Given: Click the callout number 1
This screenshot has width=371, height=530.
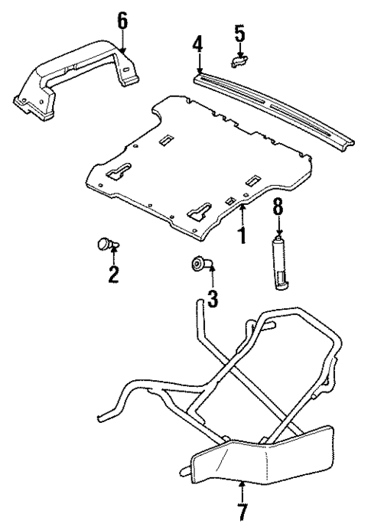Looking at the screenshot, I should point(242,234).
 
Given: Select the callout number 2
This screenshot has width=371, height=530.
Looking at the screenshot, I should point(113,274).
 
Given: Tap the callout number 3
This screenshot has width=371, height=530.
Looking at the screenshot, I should point(213,298).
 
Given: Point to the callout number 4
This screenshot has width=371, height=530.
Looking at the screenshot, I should point(197,44).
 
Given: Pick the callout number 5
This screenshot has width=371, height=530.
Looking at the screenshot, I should point(239,32).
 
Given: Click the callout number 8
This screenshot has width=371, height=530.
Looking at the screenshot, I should point(279,206).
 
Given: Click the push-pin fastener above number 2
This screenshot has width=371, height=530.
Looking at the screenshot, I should point(105,245).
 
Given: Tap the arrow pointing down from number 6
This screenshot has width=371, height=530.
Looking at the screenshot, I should point(122,42).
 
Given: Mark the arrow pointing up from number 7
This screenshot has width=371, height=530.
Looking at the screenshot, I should point(242,489).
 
